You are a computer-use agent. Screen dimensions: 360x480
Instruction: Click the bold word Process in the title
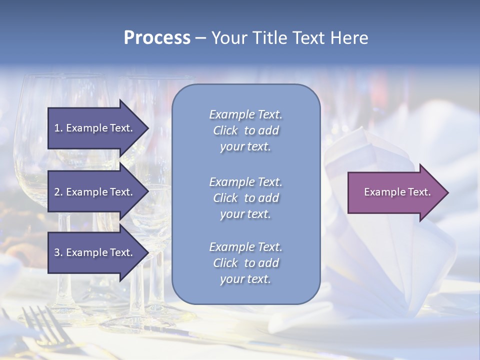point(157,38)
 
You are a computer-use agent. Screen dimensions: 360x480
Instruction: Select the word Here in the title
point(348,38)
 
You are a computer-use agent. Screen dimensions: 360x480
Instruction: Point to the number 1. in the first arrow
point(58,128)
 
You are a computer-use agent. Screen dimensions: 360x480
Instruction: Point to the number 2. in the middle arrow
point(58,192)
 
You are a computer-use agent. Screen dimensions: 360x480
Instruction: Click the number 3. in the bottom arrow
point(58,252)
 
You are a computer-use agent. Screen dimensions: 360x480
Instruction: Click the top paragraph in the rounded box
point(245,130)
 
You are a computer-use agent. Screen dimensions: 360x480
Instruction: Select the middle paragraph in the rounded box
point(245,198)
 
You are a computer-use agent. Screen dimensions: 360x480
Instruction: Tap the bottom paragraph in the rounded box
point(245,263)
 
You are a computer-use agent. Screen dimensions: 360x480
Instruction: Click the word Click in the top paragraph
point(225,130)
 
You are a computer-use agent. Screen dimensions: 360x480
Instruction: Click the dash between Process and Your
point(201,38)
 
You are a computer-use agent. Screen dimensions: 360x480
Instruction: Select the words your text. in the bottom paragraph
point(245,279)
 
